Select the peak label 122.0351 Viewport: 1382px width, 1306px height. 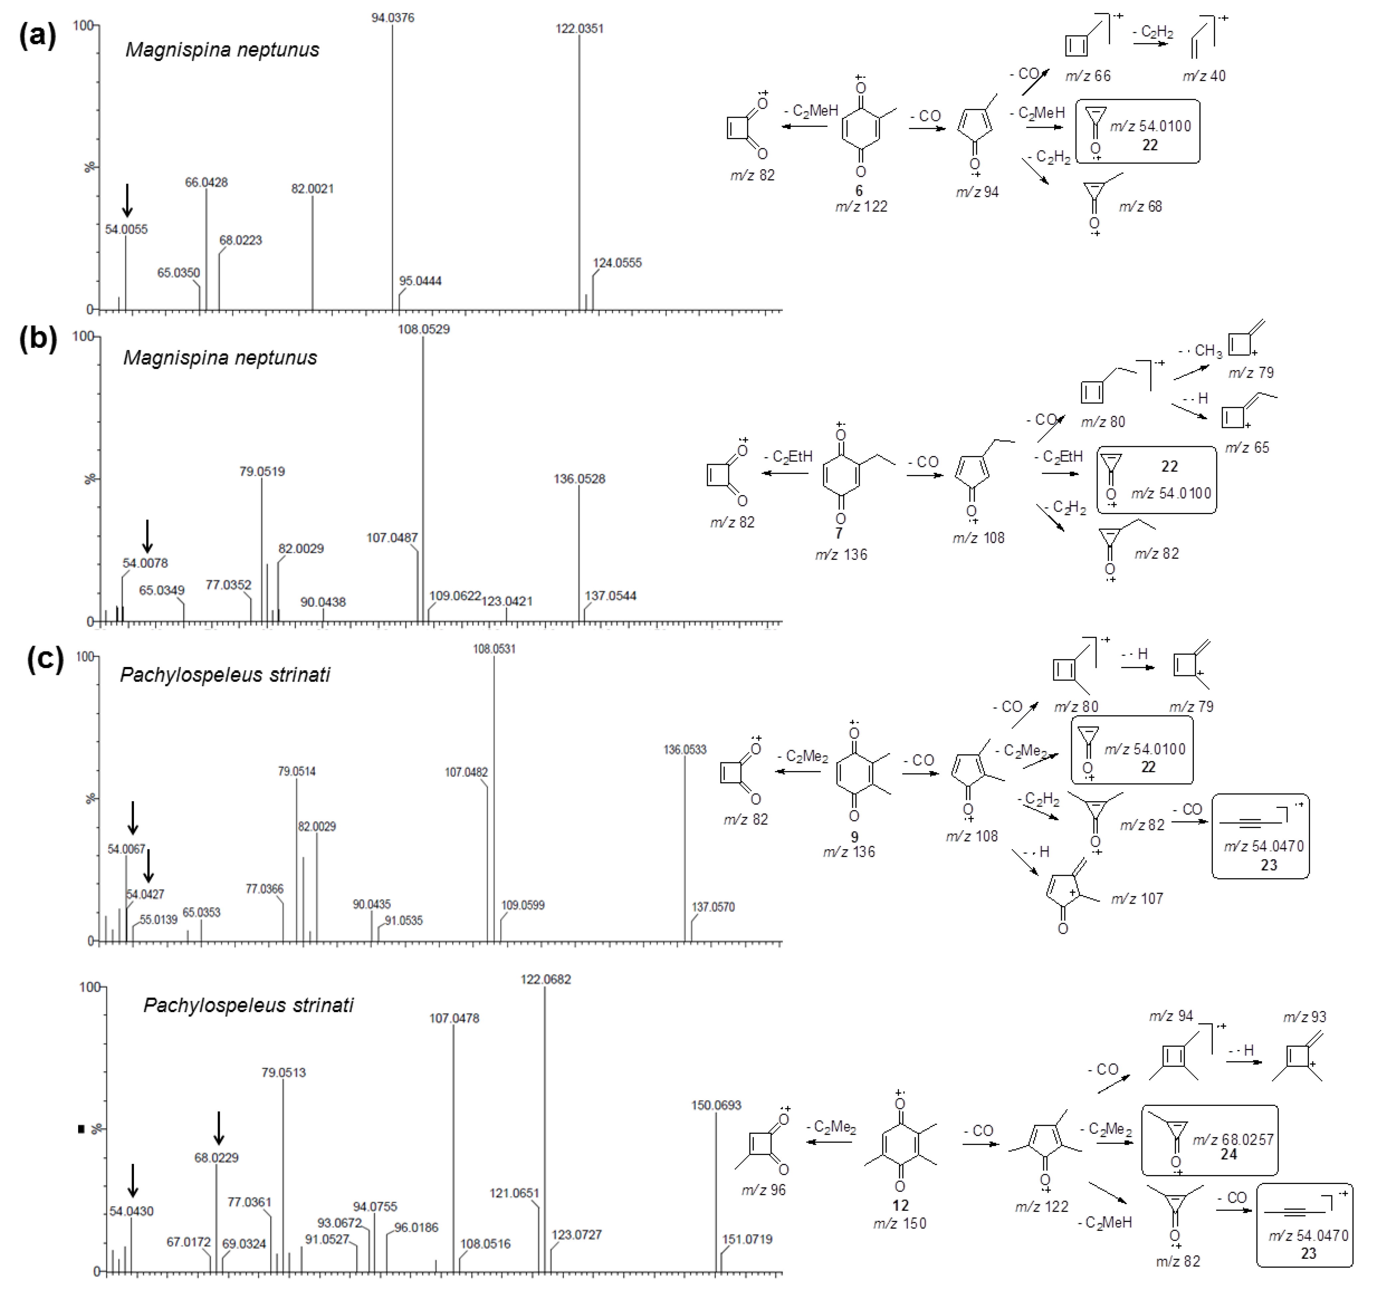tap(579, 29)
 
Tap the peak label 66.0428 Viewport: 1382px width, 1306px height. tap(206, 183)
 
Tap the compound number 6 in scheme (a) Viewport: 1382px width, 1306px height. tap(859, 190)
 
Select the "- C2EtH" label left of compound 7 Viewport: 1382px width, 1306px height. tap(788, 457)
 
